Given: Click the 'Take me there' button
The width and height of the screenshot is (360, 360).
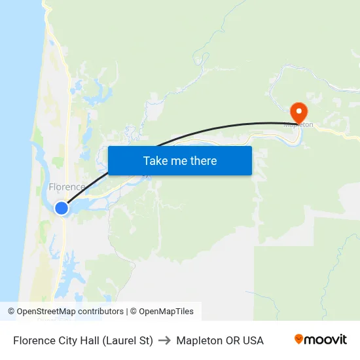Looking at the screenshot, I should (x=180, y=160).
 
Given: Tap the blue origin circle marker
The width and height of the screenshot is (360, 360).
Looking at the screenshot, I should (x=61, y=208).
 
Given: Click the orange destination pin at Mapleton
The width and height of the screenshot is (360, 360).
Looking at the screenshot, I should (x=298, y=112).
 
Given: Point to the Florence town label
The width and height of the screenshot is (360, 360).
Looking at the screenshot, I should (x=67, y=187).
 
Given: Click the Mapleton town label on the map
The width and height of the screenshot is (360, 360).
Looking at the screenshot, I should (x=298, y=124).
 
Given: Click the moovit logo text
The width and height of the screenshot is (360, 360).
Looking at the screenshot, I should (x=326, y=340).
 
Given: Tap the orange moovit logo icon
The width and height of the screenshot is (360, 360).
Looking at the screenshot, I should (x=299, y=339).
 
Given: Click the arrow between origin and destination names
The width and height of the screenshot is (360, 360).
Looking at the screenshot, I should (x=164, y=340).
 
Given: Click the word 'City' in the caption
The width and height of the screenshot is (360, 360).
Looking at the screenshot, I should (x=67, y=340).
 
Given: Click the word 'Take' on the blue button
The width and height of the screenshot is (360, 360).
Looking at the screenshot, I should (x=155, y=160).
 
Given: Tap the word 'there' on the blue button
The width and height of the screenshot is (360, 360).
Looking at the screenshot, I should (x=203, y=160).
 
